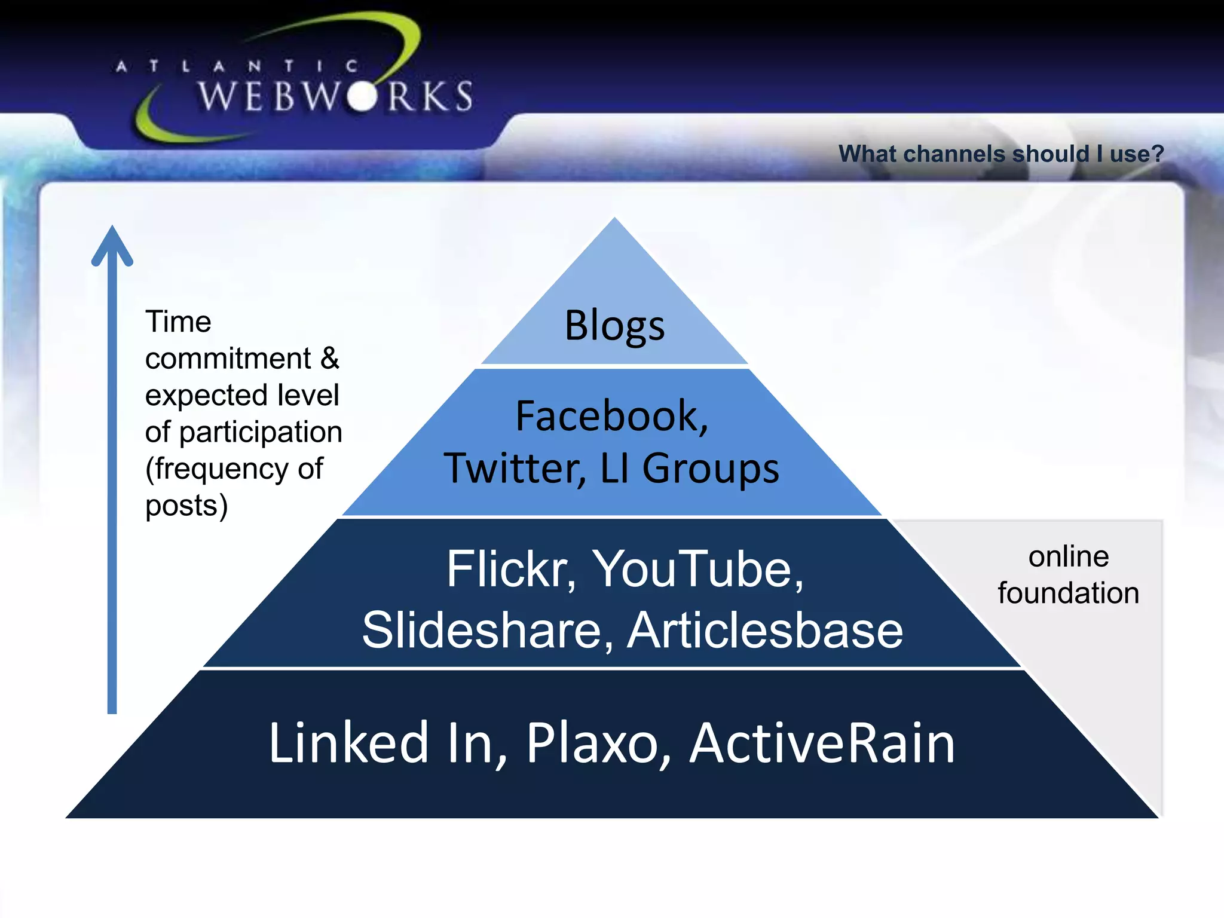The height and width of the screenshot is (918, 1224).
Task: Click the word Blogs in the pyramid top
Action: tap(614, 326)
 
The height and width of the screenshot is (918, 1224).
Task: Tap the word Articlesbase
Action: tap(764, 631)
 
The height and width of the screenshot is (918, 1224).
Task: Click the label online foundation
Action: tap(1068, 575)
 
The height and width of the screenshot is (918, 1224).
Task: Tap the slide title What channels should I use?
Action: tap(1001, 154)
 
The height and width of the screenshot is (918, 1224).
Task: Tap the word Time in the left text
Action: tap(178, 322)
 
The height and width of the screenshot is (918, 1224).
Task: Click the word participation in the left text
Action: tap(261, 432)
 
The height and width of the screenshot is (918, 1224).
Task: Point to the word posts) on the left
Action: tap(186, 506)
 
